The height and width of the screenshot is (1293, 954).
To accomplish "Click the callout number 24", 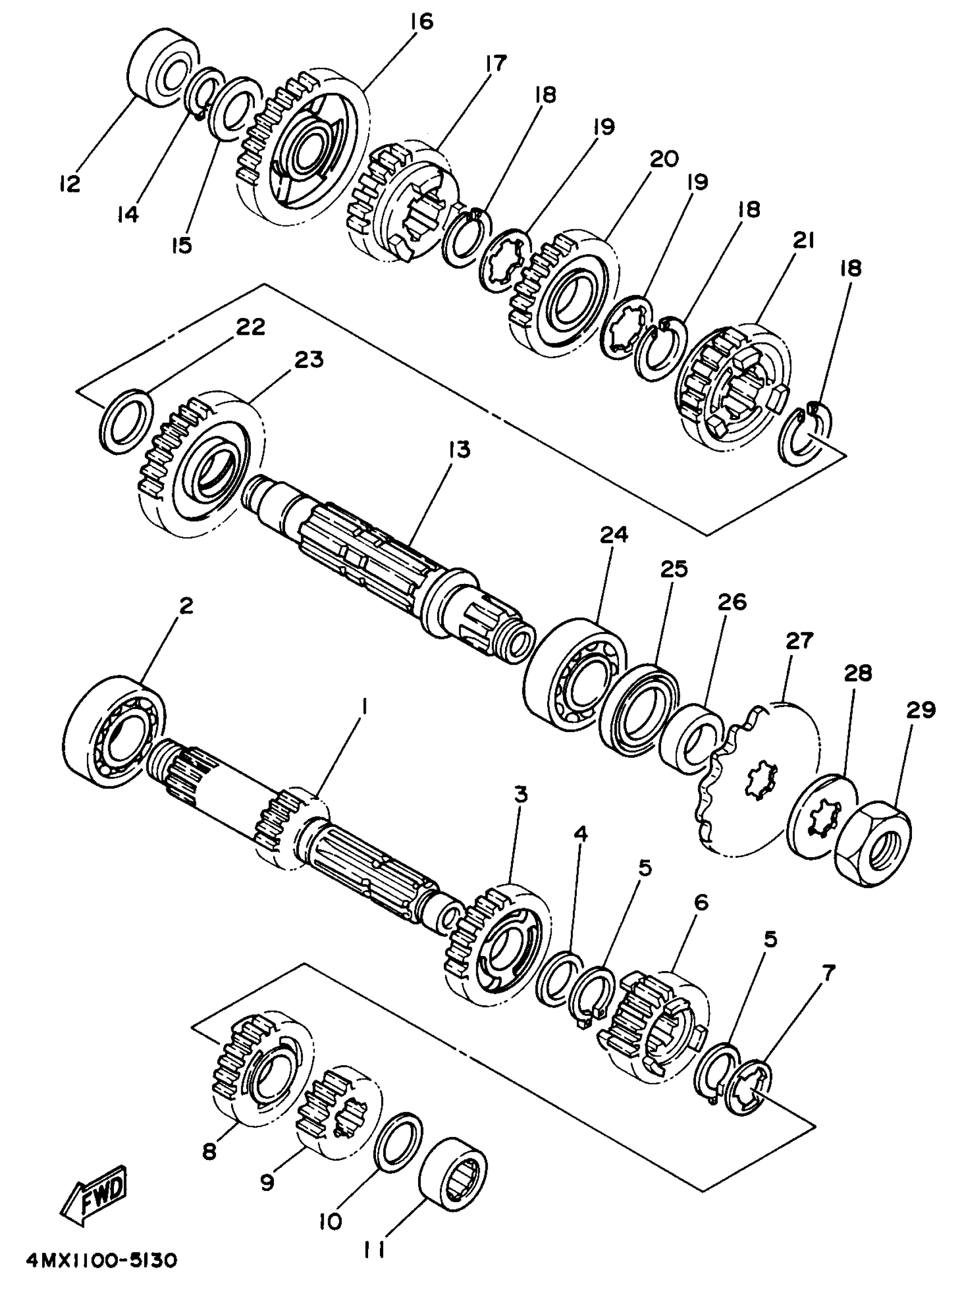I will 613,535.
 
